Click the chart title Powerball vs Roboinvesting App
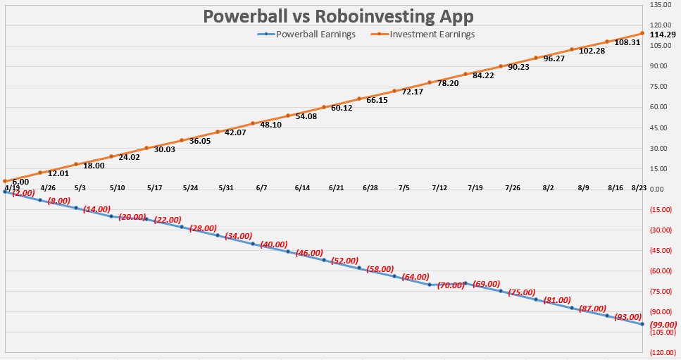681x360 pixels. pyautogui.click(x=340, y=16)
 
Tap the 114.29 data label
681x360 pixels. pyautogui.click(x=662, y=35)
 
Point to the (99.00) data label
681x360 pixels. pyautogui.click(x=663, y=324)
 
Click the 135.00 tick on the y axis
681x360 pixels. pyautogui.click(x=661, y=5)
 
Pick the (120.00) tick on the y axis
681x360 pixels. pyautogui.click(x=660, y=352)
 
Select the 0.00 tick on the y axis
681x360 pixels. pyautogui.click(x=656, y=189)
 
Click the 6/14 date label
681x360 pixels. pyautogui.click(x=302, y=188)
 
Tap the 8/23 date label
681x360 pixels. pyautogui.click(x=639, y=188)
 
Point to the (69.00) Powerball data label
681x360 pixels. pyautogui.click(x=486, y=283)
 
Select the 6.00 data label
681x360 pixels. pyautogui.click(x=20, y=181)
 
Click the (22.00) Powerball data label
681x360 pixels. pyautogui.click(x=168, y=220)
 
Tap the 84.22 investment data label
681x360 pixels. pyautogui.click(x=483, y=75)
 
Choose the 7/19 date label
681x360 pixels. pyautogui.click(x=475, y=188)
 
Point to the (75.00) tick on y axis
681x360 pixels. pyautogui.click(x=660, y=291)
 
